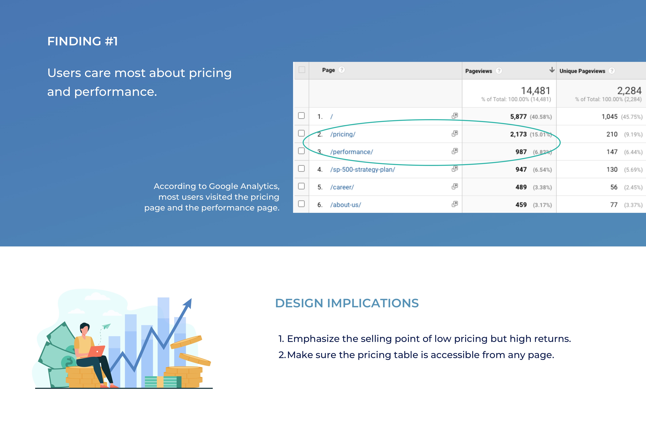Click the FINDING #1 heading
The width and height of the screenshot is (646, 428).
(x=82, y=41)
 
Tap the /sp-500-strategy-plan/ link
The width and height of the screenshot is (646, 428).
(x=363, y=169)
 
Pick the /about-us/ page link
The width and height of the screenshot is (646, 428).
(x=346, y=205)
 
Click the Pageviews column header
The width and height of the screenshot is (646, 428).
(x=479, y=71)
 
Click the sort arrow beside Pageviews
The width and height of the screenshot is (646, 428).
(x=552, y=70)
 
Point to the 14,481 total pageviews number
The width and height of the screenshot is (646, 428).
(x=535, y=91)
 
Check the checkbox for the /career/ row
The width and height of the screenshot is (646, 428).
(x=301, y=186)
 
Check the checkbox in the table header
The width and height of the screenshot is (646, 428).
(x=302, y=70)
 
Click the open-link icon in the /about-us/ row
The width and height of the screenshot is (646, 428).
(x=455, y=204)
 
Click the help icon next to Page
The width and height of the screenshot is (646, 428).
(x=342, y=70)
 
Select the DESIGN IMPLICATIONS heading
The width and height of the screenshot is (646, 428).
(x=347, y=303)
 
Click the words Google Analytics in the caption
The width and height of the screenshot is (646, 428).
(x=244, y=186)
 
